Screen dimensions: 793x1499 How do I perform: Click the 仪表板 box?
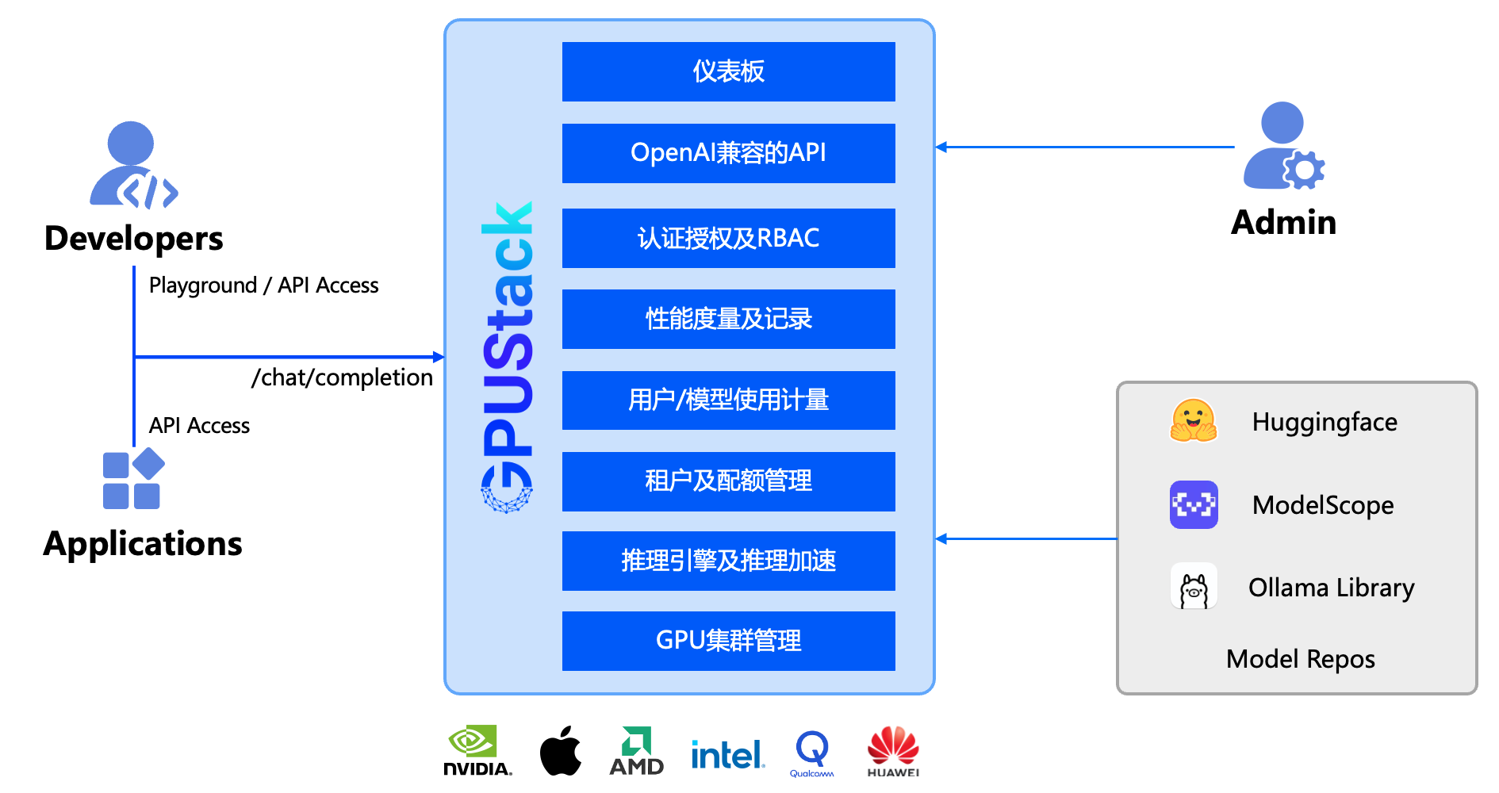coord(728,71)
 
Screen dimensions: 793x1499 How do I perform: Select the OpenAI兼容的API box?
coord(728,153)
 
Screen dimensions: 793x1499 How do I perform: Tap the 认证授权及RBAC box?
coord(728,238)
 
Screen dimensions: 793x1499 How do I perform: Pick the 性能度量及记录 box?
coord(728,319)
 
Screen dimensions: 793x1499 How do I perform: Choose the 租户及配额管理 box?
coord(728,481)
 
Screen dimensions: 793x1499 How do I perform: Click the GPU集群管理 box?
coord(728,641)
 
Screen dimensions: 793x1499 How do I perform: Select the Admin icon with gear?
coord(1283,146)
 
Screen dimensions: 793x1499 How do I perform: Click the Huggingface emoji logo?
coord(1193,420)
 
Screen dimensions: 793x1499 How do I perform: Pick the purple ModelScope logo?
coord(1194,504)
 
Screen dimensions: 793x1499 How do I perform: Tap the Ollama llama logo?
coord(1194,587)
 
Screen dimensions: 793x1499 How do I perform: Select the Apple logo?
coord(560,750)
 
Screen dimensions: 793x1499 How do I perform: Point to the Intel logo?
coord(726,754)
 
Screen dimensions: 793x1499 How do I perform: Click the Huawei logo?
coord(893,751)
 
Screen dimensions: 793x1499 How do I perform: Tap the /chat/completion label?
coord(342,377)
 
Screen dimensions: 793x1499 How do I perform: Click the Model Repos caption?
coord(1300,659)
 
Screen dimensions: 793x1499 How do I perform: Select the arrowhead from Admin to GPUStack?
coord(941,147)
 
